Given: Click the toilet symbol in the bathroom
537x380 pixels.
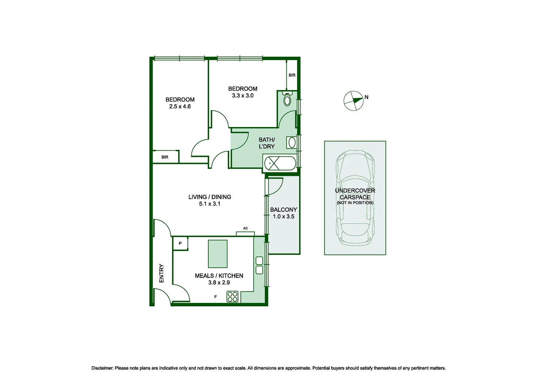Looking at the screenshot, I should coord(287,99).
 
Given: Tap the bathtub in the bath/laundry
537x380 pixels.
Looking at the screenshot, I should coord(280,164).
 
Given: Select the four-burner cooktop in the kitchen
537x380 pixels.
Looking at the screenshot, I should coord(232,296).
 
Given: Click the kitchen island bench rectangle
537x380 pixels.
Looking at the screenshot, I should coord(218,254).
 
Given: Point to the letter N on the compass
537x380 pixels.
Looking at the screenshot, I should coord(367,97).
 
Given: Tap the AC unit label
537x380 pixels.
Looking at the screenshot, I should coord(245,228).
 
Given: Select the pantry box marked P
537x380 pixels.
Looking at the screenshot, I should coord(180,243).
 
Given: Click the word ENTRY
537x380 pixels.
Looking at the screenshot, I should coord(162,273).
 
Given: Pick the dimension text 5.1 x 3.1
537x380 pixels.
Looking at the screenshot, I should coord(209,204).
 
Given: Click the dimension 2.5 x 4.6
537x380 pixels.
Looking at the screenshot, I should coord(180,106).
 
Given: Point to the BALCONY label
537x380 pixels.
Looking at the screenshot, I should coord(283,209).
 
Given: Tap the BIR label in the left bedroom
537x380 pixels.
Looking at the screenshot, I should coord(165,157).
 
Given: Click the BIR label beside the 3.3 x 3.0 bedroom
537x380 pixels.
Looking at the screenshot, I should coord(292,75).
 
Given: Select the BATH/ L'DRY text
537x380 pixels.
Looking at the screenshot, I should coord(267,143).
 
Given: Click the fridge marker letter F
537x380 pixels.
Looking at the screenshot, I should coord(215,297).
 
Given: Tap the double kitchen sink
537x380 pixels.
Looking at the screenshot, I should coord(259,265).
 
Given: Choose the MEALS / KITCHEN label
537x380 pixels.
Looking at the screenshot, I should coord(219,275).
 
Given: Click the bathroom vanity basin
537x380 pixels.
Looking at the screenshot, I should coord(292,142).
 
